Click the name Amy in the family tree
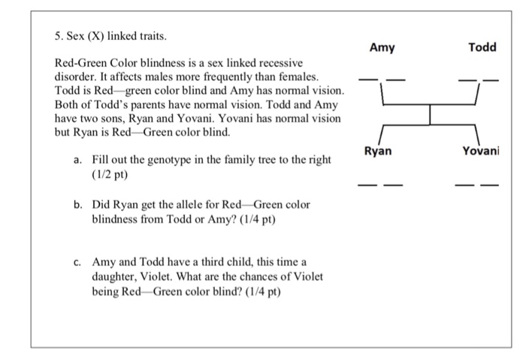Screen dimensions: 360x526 382,47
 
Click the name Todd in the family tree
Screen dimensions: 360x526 482,47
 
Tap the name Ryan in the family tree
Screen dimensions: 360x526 377,151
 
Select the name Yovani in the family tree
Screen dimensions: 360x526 480,151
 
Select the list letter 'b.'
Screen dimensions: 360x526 78,204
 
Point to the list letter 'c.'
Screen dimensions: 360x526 78,262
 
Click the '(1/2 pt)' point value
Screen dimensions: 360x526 110,175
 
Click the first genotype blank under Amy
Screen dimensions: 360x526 368,80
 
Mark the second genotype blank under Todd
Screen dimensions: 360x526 490,80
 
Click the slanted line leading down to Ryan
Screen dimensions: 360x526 381,134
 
